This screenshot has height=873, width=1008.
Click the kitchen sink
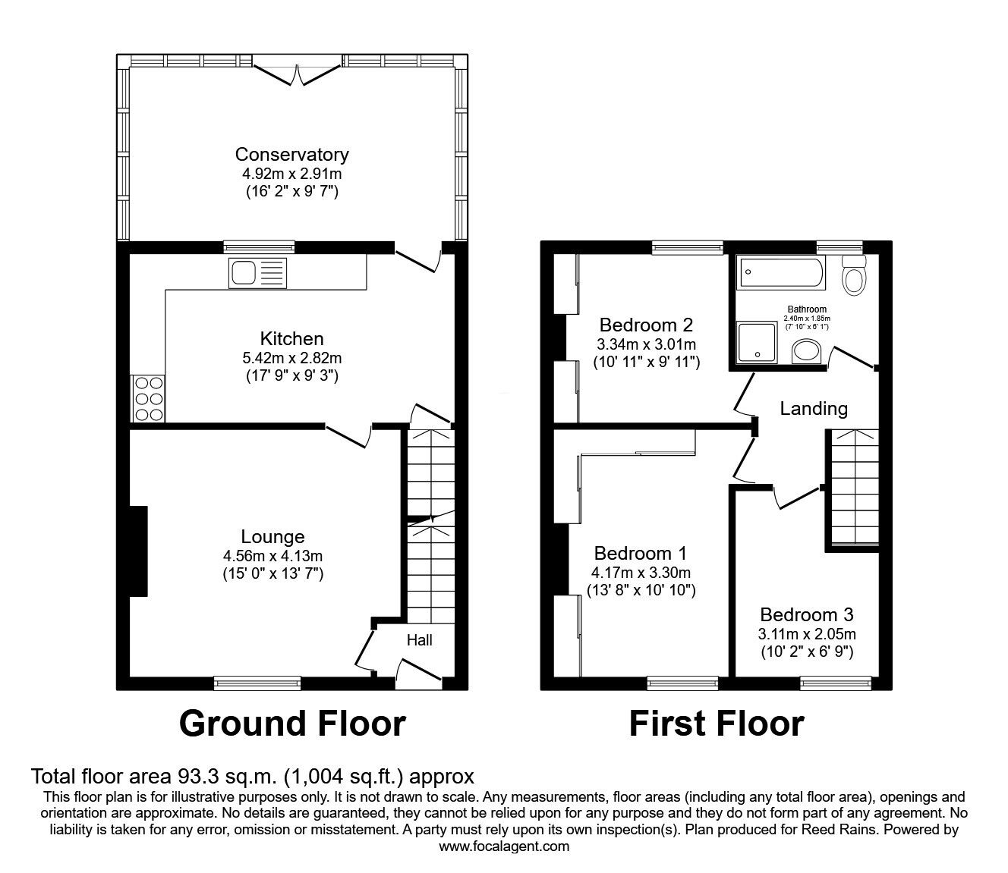coord(258,273)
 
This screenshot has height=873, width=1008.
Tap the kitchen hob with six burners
coord(148,399)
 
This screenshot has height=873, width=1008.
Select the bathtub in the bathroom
coord(781,273)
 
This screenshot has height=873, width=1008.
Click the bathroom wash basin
coord(805,352)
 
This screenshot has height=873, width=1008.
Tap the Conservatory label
coord(291,155)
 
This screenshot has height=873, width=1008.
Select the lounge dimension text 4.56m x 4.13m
coord(273,555)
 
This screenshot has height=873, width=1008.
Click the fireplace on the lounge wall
coord(138,551)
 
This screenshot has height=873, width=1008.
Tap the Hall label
coord(419,640)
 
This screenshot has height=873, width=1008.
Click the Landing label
coord(814,409)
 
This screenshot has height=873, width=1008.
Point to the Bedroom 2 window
coord(688,247)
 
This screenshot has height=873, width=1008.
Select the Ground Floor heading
coord(292,724)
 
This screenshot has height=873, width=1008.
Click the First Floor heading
coord(716,724)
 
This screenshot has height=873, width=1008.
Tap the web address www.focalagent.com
coord(504,846)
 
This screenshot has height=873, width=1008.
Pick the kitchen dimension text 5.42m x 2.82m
coord(291,357)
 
